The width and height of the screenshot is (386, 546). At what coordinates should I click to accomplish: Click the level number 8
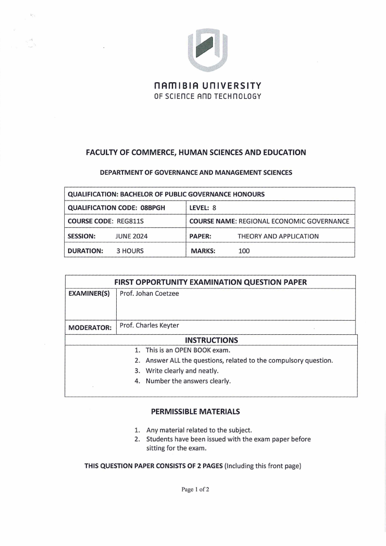[x=214, y=208]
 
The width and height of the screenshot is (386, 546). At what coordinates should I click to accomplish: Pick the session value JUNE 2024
[x=131, y=237]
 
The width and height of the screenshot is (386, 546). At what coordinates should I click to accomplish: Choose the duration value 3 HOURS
[x=130, y=251]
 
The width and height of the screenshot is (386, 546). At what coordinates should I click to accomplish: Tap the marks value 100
[x=244, y=251]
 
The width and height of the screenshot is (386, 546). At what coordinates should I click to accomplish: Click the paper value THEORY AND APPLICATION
[x=278, y=237]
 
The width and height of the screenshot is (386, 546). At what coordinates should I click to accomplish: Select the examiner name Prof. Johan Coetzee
[x=149, y=294]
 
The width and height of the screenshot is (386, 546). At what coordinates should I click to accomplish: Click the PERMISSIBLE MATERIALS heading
[x=195, y=412]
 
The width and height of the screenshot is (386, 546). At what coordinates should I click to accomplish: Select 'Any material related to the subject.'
[x=199, y=430]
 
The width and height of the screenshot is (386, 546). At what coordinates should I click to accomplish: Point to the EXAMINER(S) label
[x=89, y=294]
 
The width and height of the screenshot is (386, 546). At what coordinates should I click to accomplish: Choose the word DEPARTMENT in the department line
[x=122, y=172]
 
